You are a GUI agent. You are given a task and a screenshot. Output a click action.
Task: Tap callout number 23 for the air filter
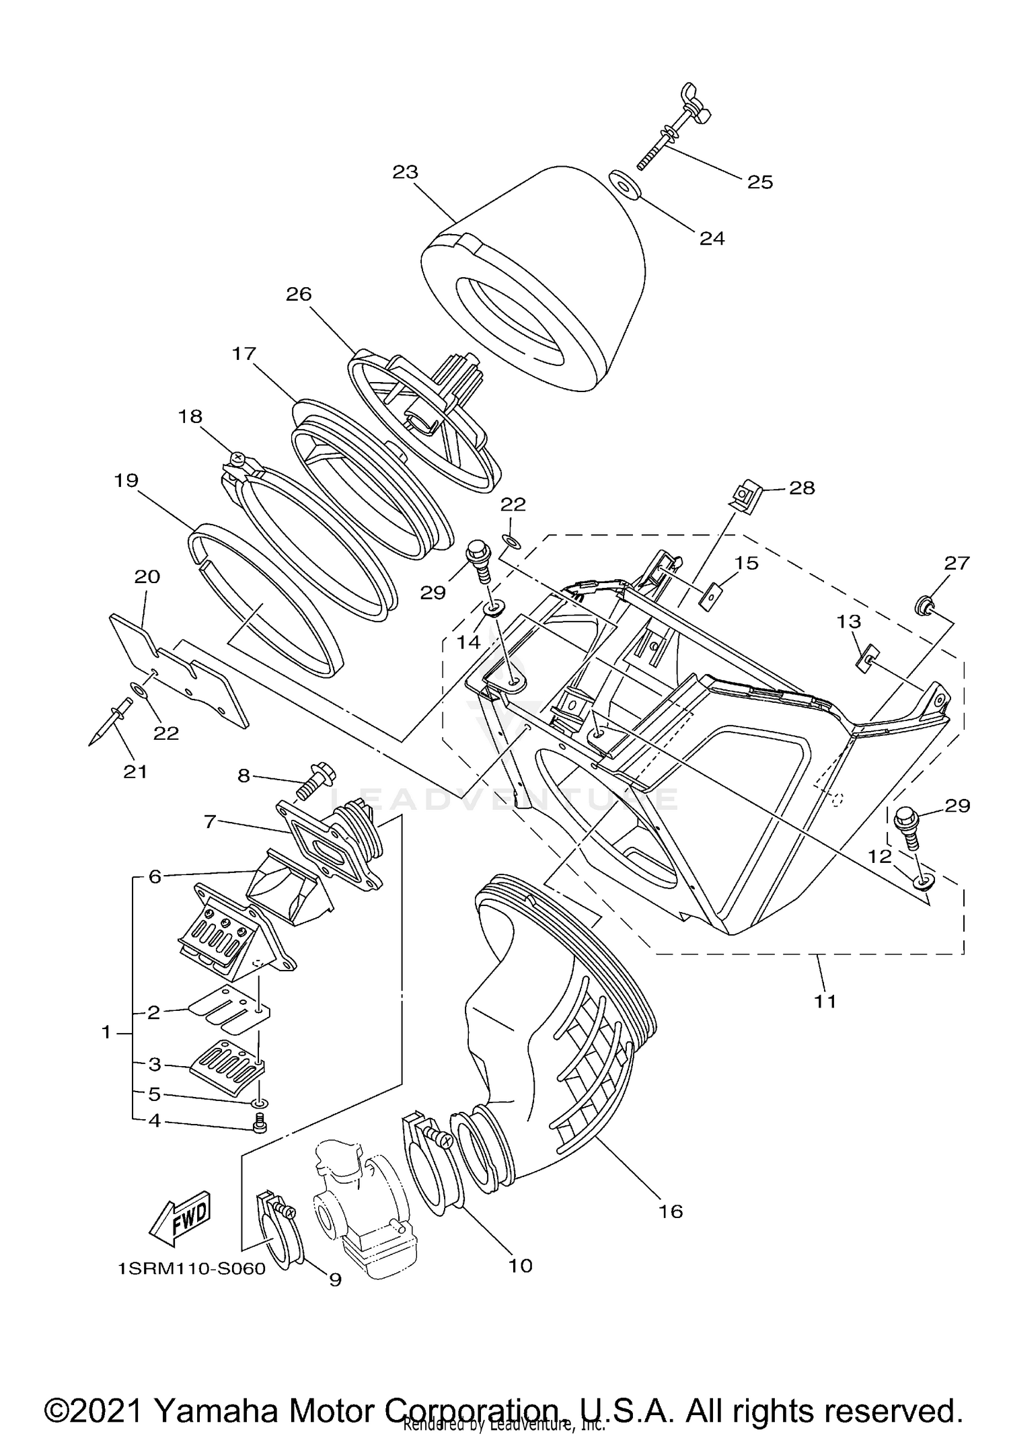(x=406, y=172)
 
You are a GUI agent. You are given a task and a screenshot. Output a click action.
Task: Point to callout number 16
(x=671, y=1211)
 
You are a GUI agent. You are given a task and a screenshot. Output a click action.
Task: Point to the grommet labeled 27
(x=924, y=607)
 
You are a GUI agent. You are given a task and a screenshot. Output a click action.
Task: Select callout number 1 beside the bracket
(x=106, y=1032)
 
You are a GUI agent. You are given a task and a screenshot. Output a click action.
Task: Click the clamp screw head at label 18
(x=237, y=458)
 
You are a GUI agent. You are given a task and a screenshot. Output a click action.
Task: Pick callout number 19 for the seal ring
(x=126, y=480)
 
